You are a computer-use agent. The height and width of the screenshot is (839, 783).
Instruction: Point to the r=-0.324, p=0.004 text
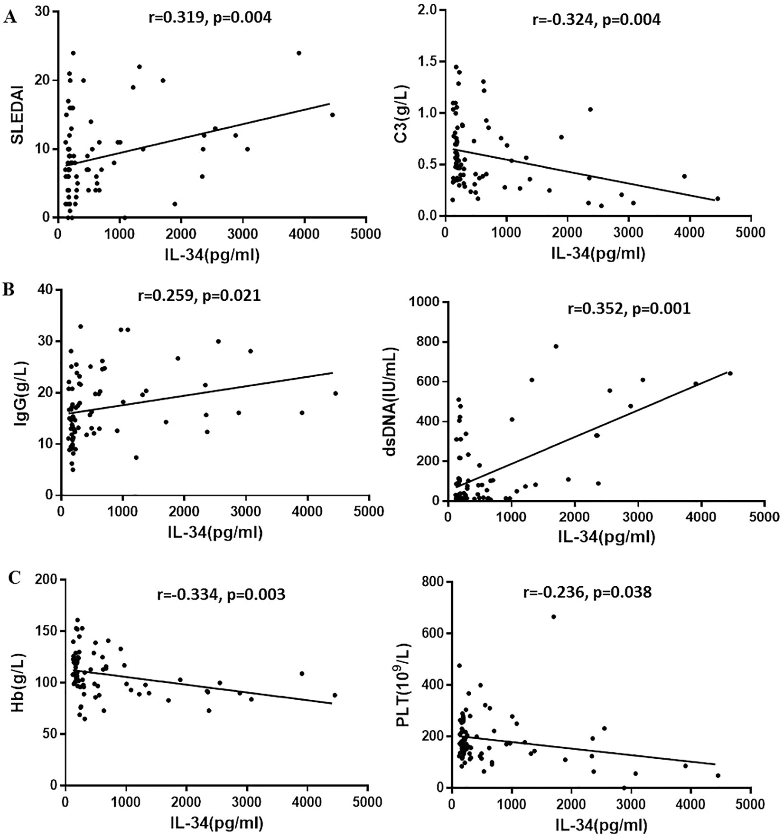coord(596,20)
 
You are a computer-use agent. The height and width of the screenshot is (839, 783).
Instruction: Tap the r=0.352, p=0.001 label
coord(629,309)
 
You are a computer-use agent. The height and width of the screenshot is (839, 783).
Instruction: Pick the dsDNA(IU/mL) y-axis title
coord(391,402)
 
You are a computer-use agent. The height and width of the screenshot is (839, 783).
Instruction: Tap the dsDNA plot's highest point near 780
coord(556,346)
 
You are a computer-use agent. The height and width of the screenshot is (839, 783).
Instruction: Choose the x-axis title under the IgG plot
coord(214,532)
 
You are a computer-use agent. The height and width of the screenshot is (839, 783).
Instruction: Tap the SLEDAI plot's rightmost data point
coord(332,115)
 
